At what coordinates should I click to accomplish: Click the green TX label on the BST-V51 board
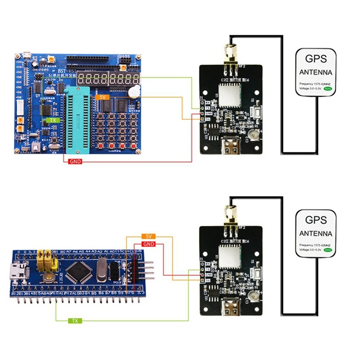click(53, 121)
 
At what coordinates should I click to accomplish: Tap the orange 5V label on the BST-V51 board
click(102, 96)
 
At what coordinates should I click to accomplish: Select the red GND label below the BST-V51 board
click(75, 162)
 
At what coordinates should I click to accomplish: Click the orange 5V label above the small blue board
click(148, 236)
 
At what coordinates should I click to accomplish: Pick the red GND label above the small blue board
click(148, 244)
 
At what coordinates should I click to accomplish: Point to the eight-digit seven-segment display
click(108, 81)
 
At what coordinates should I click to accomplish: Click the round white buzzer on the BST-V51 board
click(133, 92)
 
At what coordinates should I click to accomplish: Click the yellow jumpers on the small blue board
click(46, 260)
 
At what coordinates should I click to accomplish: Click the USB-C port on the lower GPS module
click(233, 308)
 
